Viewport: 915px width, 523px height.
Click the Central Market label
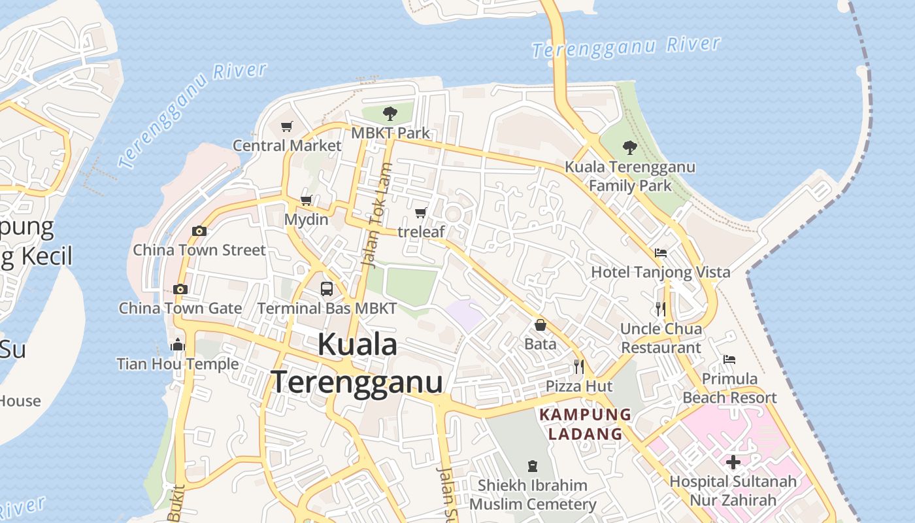(287, 145)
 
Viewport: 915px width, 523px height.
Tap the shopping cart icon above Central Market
(286, 126)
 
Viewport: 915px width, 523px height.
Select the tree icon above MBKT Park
(390, 114)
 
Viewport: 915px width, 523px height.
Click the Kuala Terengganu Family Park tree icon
(630, 147)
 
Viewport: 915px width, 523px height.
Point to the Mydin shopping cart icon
(306, 200)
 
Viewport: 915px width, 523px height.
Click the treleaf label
(421, 231)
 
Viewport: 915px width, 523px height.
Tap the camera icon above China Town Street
(199, 231)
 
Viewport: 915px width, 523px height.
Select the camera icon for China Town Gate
(180, 289)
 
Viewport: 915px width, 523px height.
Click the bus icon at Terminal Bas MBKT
(327, 288)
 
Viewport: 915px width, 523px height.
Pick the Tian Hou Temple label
(177, 363)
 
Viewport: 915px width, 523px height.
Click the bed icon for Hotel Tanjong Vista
(661, 253)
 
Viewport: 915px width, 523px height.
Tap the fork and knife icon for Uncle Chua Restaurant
(661, 309)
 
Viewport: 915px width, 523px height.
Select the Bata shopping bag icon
(541, 325)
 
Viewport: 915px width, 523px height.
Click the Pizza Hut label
(579, 386)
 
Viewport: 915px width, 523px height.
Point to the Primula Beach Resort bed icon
(729, 360)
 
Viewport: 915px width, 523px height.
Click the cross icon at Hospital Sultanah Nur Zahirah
(733, 462)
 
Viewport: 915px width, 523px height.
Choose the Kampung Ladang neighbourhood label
(585, 424)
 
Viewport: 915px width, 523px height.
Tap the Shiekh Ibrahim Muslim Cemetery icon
(533, 466)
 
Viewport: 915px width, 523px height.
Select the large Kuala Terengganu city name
(358, 363)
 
